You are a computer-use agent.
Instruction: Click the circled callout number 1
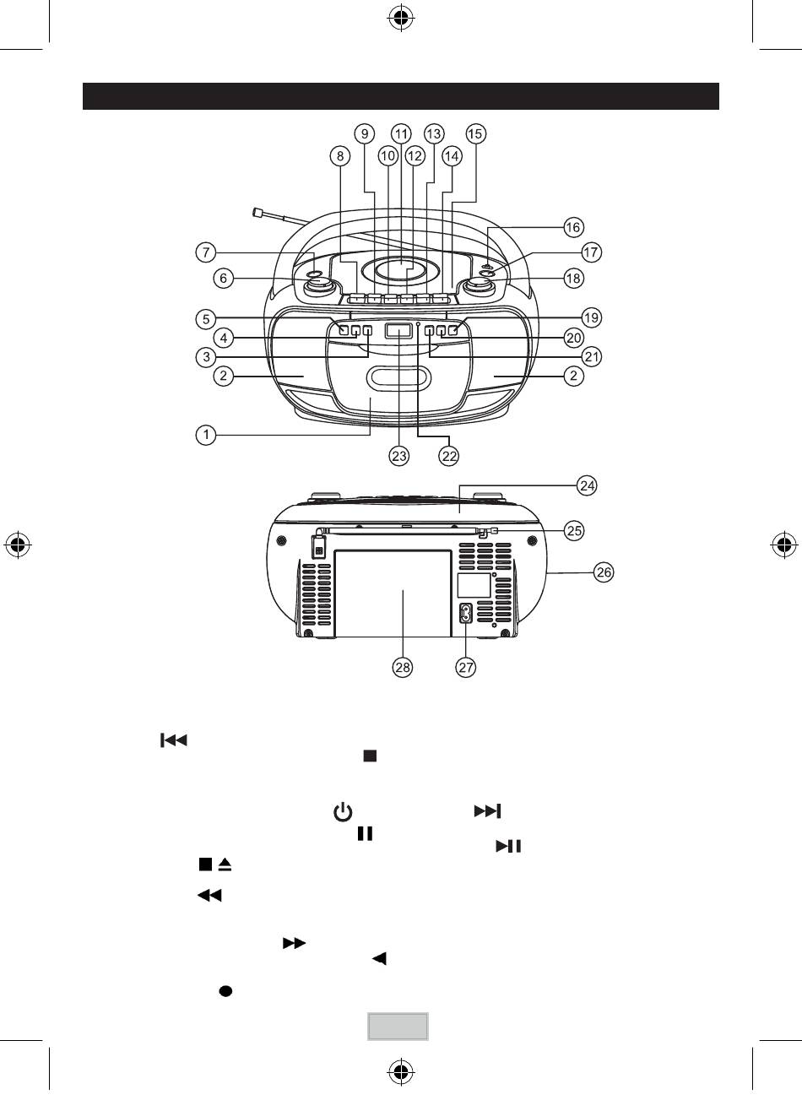point(206,435)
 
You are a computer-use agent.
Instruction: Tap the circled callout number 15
point(475,133)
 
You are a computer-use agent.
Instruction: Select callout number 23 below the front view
point(399,456)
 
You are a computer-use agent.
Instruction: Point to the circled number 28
point(402,667)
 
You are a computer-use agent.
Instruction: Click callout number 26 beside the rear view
point(604,572)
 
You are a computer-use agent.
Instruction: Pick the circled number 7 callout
point(206,252)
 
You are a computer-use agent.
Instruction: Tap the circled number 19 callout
point(591,317)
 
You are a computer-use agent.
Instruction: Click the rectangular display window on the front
point(398,331)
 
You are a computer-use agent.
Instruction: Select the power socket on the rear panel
point(466,614)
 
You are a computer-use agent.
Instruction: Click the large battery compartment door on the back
point(393,593)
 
